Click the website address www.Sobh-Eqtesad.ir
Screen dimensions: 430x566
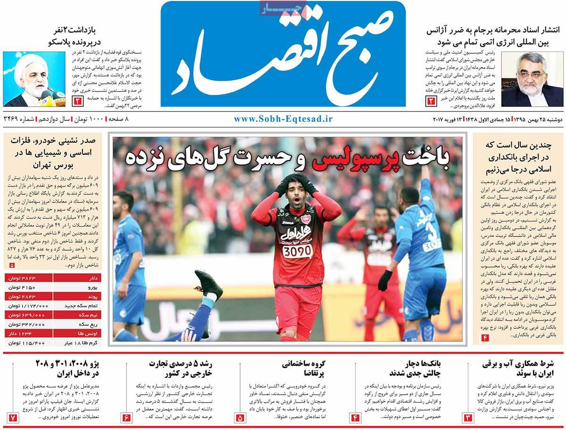[x=283, y=118]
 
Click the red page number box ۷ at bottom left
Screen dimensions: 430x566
[x=13, y=418]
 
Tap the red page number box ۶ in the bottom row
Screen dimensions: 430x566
[x=126, y=418]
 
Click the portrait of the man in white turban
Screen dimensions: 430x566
[x=34, y=78]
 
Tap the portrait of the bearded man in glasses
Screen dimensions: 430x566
[x=532, y=78]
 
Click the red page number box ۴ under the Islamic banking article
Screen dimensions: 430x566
[x=484, y=337]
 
